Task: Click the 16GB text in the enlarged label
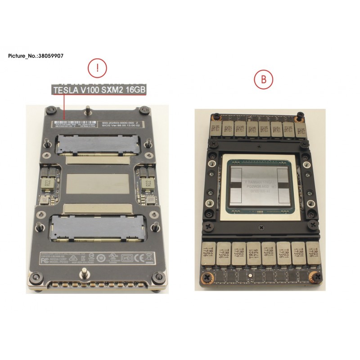pyautogui.click(x=133, y=90)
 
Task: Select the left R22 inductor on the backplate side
pyautogui.click(x=47, y=184)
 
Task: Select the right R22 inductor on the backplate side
pyautogui.click(x=147, y=184)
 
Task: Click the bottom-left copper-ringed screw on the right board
pyautogui.click(x=207, y=277)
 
